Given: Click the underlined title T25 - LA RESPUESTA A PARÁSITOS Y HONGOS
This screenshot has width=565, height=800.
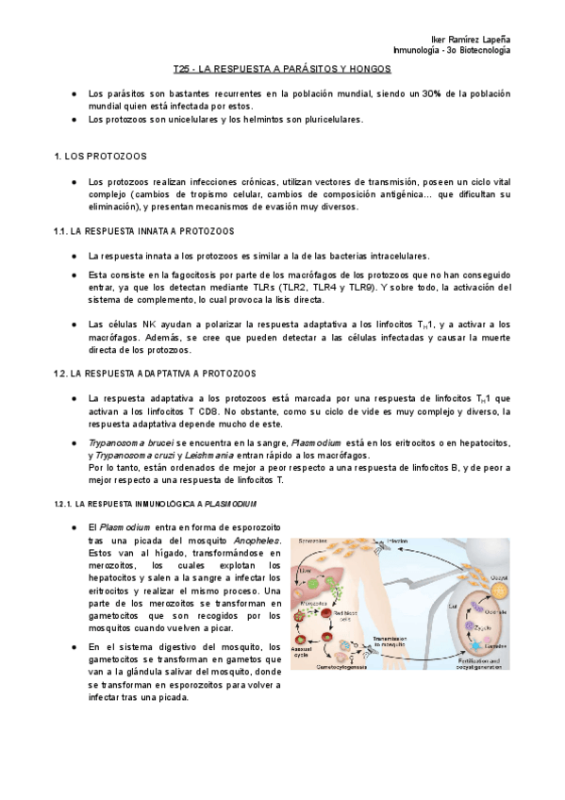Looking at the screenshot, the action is pos(283,70).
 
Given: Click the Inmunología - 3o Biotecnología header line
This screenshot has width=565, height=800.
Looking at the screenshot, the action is pos(453,49).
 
